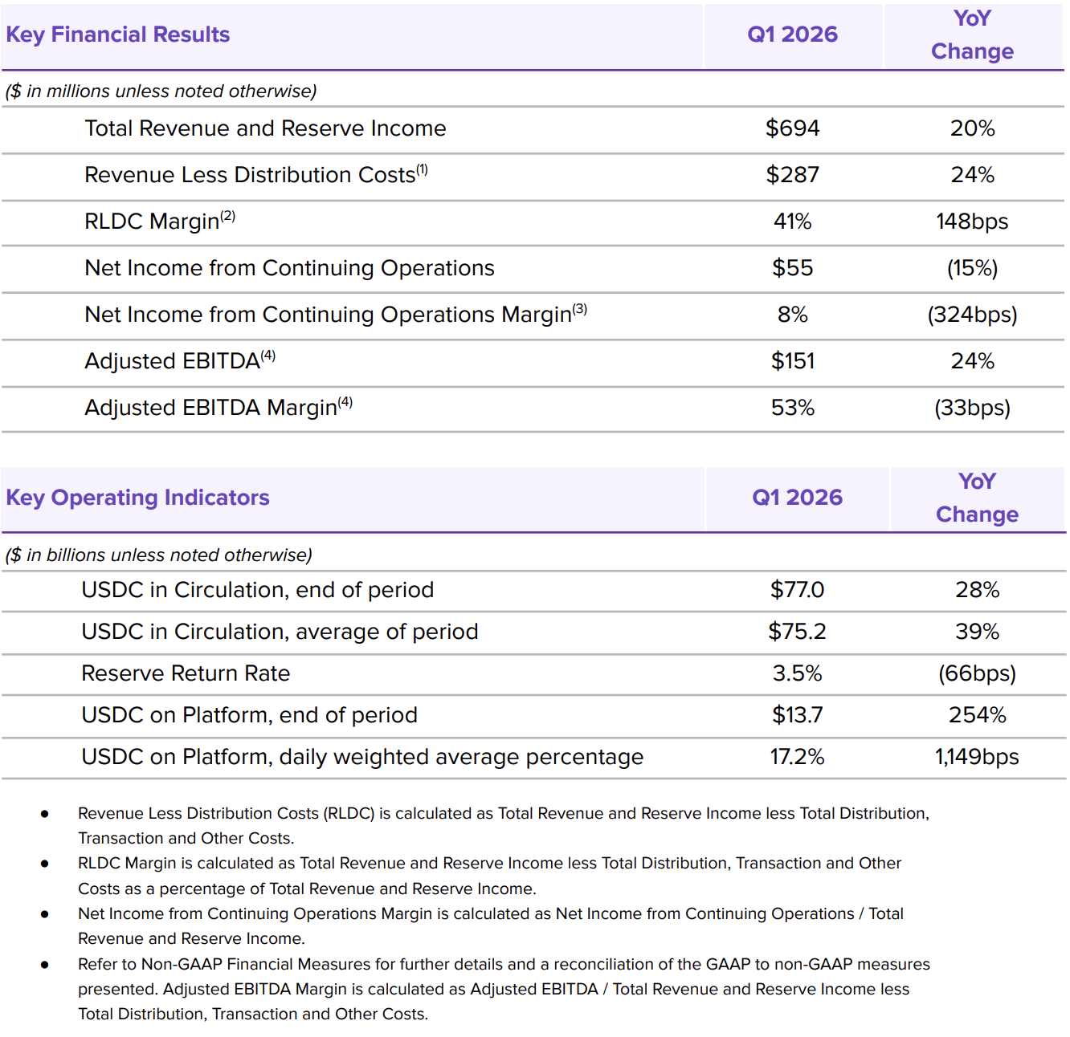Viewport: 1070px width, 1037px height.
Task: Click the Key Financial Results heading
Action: [x=117, y=35]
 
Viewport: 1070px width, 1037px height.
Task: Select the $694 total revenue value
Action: [x=792, y=128]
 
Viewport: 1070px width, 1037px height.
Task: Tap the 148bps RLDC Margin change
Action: [x=972, y=222]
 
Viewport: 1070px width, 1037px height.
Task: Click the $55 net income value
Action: [x=792, y=268]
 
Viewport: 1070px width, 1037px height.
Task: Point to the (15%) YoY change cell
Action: [x=972, y=269]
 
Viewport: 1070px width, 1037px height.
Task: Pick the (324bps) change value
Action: [x=972, y=315]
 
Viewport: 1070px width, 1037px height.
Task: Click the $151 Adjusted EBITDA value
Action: [x=792, y=361]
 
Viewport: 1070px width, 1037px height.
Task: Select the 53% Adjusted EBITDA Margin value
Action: [x=792, y=408]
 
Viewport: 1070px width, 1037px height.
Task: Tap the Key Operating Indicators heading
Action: [x=137, y=498]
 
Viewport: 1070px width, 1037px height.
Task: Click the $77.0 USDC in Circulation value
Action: [x=797, y=590]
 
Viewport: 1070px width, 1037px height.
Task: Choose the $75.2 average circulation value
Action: [x=797, y=632]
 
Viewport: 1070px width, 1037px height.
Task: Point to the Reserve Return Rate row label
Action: [x=186, y=673]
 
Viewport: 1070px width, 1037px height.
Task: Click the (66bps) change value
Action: [x=977, y=674]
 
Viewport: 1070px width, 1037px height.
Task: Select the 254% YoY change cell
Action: [x=977, y=715]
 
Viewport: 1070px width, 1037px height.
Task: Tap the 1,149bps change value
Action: [x=977, y=757]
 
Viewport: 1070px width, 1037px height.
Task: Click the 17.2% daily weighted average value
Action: [x=797, y=757]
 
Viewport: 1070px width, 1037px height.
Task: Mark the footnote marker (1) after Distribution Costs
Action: [x=422, y=169]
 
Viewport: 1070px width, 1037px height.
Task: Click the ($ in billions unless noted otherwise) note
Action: [x=159, y=555]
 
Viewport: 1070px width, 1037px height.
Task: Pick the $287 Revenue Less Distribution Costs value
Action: [x=792, y=175]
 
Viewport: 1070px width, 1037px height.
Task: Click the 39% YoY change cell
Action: [x=977, y=632]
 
